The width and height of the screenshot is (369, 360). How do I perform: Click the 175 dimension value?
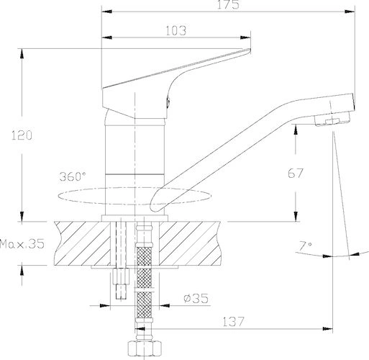pyautogui.click(x=228, y=4)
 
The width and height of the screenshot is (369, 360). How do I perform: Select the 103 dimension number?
pyautogui.click(x=176, y=31)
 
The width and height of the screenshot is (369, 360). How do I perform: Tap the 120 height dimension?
pyautogui.click(x=22, y=135)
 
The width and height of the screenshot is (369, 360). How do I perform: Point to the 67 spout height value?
pyautogui.click(x=296, y=174)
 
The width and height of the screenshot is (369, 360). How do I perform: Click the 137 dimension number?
pyautogui.click(x=233, y=322)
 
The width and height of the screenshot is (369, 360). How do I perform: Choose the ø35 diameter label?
pyautogui.click(x=196, y=298)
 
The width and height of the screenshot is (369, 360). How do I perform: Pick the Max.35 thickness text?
pyautogui.click(x=22, y=244)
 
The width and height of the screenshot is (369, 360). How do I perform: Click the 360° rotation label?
pyautogui.click(x=72, y=176)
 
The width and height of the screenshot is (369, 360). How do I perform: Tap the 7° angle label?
pyautogui.click(x=305, y=246)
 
